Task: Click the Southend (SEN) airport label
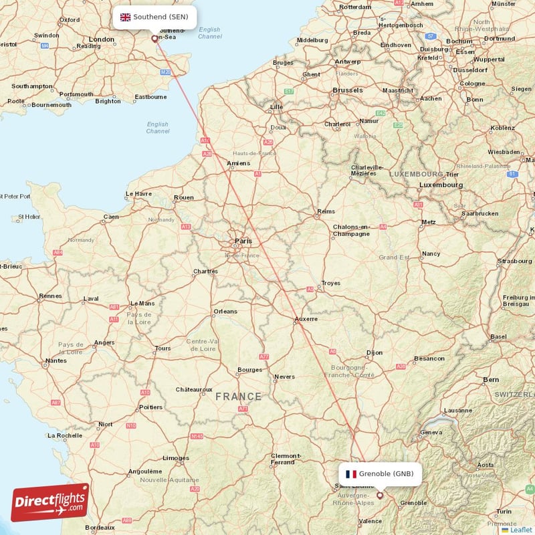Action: click(160, 17)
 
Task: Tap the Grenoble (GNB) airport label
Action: click(391, 474)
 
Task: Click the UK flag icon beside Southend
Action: click(125, 17)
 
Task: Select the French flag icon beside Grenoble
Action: click(350, 474)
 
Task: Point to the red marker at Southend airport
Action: click(155, 39)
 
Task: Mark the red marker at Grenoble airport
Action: click(381, 496)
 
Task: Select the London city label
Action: click(102, 39)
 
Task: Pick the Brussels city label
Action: click(348, 90)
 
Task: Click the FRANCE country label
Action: click(239, 397)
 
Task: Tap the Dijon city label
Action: click(374, 352)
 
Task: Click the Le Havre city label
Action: click(138, 195)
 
